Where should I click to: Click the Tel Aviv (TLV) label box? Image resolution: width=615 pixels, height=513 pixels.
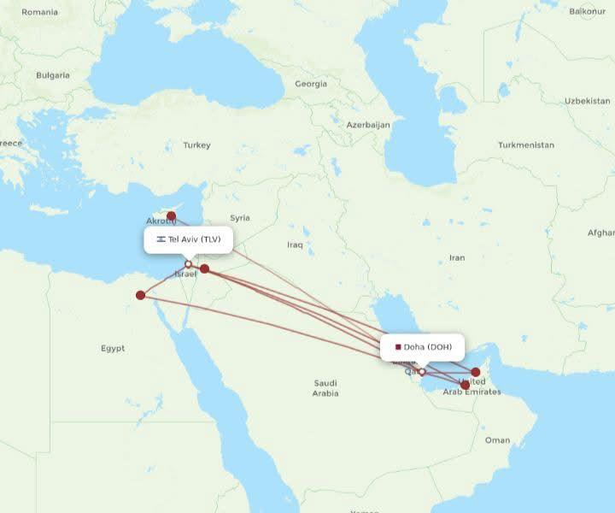[x=189, y=239]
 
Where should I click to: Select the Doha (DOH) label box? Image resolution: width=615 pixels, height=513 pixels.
[x=423, y=347]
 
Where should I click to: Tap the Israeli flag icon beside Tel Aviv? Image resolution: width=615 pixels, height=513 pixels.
[x=161, y=239]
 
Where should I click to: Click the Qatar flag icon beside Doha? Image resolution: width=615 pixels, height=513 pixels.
[x=398, y=347]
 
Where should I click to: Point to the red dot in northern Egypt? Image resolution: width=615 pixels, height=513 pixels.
[x=141, y=296]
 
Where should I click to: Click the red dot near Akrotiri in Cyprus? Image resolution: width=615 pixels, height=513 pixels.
[x=171, y=215]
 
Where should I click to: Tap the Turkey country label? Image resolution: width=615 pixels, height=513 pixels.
[x=196, y=145]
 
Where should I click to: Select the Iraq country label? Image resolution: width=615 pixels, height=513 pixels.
[x=295, y=245]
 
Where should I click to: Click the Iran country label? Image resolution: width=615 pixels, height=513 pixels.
[x=457, y=257]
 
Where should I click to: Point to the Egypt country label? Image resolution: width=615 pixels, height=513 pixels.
[x=113, y=348]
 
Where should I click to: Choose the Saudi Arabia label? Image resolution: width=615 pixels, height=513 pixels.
[x=325, y=388]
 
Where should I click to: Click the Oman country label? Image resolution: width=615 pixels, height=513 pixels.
[x=497, y=439]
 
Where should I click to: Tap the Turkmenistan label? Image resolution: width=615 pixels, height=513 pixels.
[x=526, y=145]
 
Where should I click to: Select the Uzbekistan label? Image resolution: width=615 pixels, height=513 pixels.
[x=587, y=101]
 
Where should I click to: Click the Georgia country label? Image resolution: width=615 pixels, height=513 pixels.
[x=311, y=84]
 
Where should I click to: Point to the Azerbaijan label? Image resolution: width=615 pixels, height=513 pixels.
[x=368, y=125]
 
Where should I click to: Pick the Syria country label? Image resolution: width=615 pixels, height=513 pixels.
[x=240, y=218]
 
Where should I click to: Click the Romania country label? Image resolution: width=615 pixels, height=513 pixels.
[x=40, y=12]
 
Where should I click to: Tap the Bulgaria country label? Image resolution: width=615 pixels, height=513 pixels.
[x=53, y=75]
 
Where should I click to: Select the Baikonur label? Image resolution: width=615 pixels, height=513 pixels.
[x=588, y=11]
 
